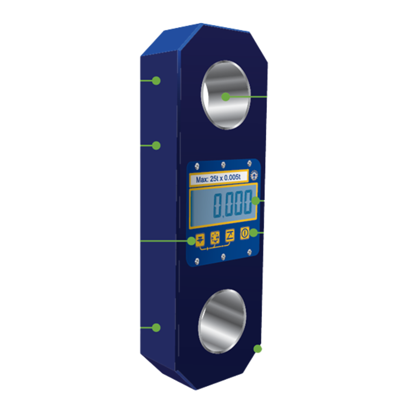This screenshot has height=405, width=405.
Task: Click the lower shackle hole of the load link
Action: (x=222, y=321)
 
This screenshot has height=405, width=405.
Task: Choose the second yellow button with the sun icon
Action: (x=215, y=237)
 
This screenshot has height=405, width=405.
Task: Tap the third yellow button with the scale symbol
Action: (x=229, y=235)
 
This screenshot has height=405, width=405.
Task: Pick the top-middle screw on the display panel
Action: (x=223, y=164)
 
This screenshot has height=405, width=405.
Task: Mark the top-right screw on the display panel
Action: (x=249, y=163)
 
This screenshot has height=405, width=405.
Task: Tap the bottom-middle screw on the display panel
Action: (x=223, y=256)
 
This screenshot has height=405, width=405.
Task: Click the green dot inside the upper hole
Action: (x=225, y=97)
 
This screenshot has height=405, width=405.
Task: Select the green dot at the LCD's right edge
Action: (x=255, y=201)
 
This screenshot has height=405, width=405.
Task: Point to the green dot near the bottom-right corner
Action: (x=257, y=349)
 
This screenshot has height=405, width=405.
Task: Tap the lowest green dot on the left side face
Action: (x=156, y=327)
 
